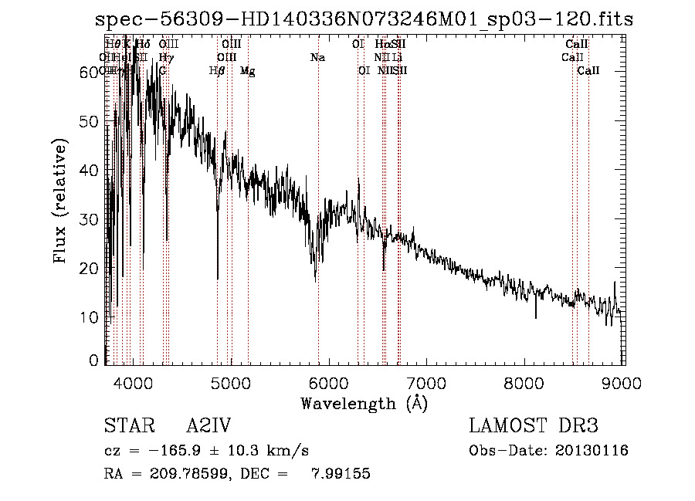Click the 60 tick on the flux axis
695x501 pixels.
pos(91,72)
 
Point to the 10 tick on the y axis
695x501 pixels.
pos(91,317)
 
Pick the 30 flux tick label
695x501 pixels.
pos(91,219)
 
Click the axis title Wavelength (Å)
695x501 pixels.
pos(364,403)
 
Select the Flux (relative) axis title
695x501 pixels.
pos(60,201)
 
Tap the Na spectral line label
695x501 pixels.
pos(317,57)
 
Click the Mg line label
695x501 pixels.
pos(248,71)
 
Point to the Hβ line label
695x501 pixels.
pos(217,71)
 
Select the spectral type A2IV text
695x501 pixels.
pos(209,427)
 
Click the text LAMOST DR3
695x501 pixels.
pos(533,427)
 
